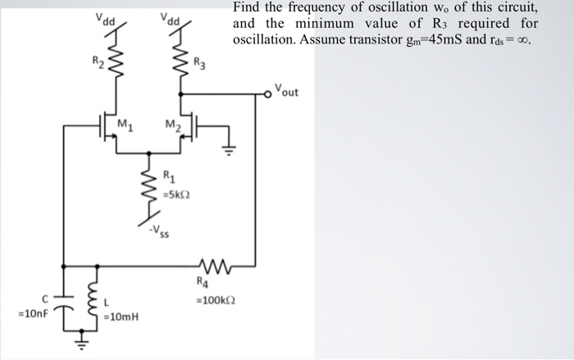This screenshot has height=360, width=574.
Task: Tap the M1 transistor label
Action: (125, 124)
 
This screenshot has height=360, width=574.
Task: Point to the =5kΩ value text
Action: (175, 194)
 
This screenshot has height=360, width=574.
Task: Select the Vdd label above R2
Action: (104, 18)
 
